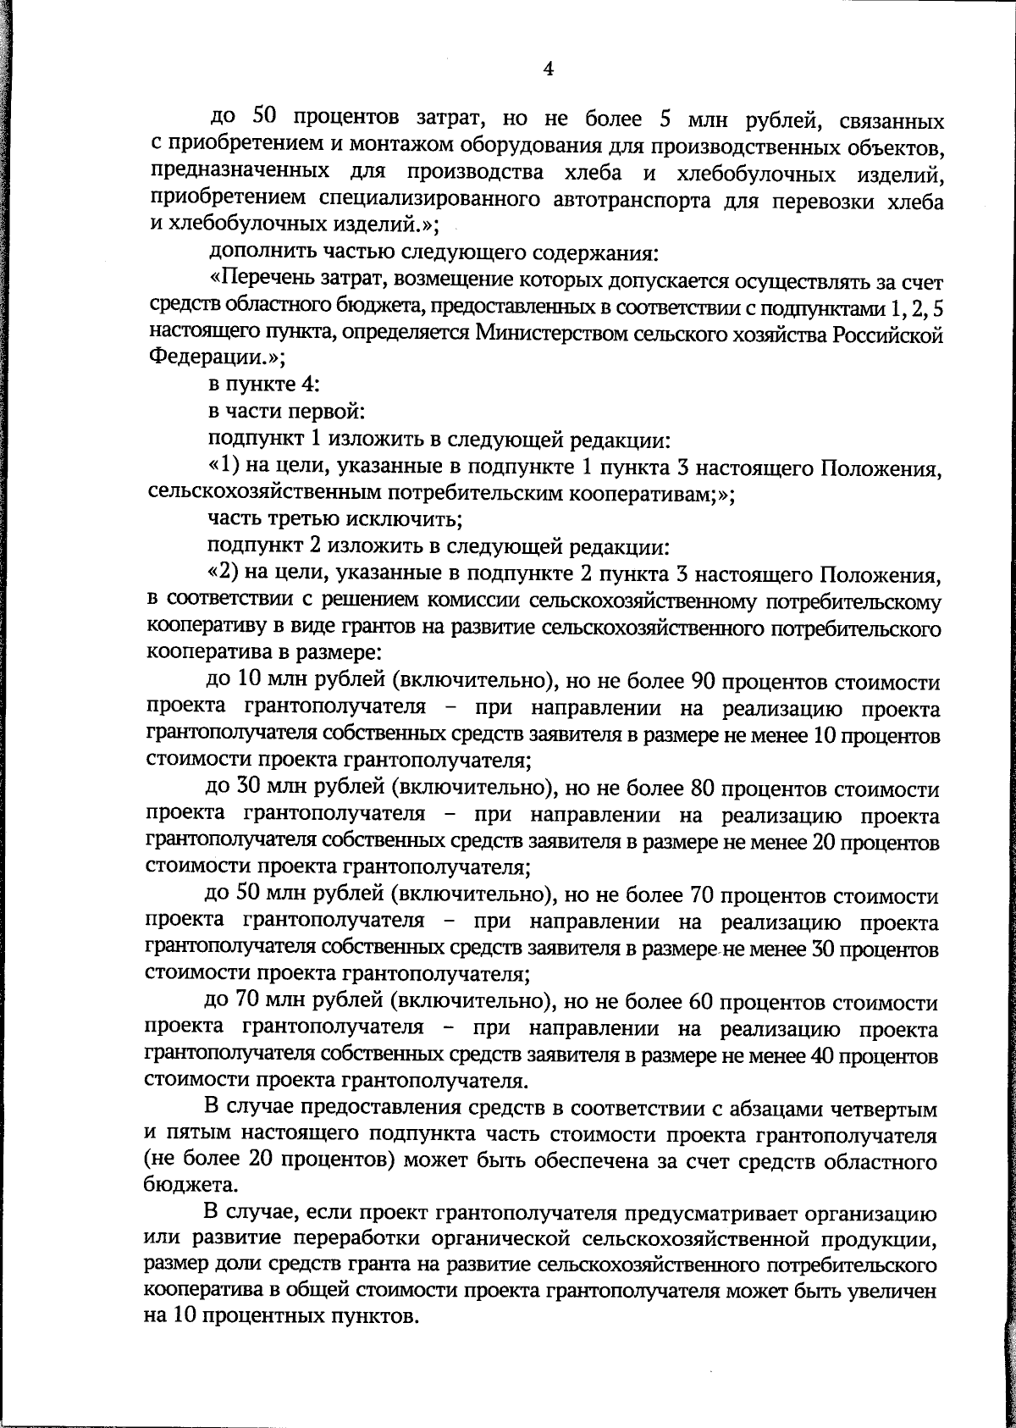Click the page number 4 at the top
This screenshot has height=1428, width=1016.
(x=548, y=69)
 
